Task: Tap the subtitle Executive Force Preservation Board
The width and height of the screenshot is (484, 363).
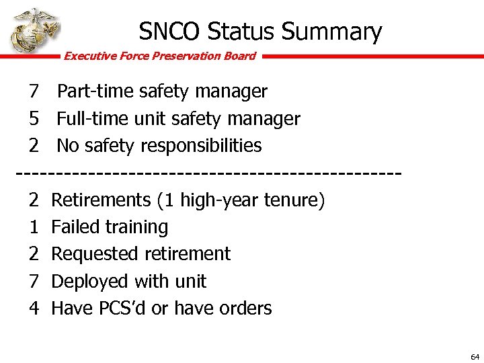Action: coord(159,56)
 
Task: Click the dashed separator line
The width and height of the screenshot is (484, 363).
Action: coord(208,173)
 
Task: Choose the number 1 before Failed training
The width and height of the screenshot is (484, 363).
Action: coord(34,227)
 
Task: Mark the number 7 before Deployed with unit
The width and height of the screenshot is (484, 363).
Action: coord(34,281)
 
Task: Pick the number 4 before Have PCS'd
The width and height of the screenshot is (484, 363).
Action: coord(34,309)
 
